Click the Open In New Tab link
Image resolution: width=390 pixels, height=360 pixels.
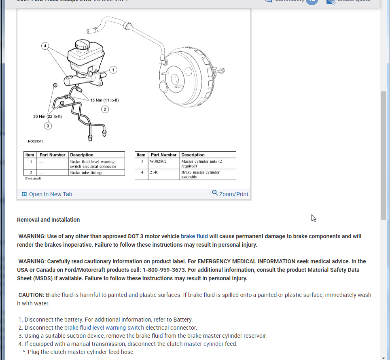[x=47, y=194]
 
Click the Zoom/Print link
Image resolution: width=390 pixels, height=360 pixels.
[x=230, y=194]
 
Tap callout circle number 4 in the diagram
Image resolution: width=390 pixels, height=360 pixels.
[x=45, y=46]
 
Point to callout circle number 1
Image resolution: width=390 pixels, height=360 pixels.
[x=113, y=70]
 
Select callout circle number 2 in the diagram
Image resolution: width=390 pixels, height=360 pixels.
[x=105, y=109]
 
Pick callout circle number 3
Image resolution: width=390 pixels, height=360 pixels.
[x=48, y=126]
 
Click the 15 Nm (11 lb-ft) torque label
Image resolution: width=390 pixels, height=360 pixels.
[x=104, y=100]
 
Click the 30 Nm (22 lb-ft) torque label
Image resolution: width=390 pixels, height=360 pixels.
[x=47, y=116]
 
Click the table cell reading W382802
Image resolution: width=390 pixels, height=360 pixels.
[x=158, y=161]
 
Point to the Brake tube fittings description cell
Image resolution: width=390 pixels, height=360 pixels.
[x=86, y=173]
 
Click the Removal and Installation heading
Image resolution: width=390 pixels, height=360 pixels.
[x=49, y=220]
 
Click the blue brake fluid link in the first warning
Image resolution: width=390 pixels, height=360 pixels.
[x=194, y=236]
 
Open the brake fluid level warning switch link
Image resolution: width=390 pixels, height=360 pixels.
[x=104, y=328]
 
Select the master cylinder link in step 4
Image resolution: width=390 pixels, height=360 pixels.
[x=203, y=344]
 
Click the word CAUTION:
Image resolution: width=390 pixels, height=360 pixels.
[x=31, y=295]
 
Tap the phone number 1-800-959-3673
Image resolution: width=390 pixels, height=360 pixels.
[x=164, y=269]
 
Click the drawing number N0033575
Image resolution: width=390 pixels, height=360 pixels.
[x=36, y=142]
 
